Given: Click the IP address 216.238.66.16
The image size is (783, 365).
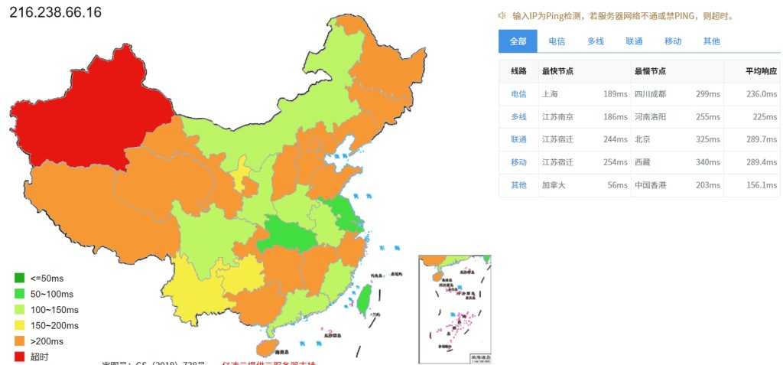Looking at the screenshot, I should pos(55,12).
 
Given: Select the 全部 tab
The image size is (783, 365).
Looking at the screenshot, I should pos(518,41).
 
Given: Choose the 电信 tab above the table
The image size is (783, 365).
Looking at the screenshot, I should pos(557,41).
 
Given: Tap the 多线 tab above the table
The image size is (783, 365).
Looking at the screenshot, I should pos(596,41).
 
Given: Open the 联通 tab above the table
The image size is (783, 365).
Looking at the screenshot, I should pos(634,41).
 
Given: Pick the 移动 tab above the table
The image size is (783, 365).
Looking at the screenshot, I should pos(673,41).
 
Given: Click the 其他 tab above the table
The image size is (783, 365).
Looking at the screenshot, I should pos(711,41).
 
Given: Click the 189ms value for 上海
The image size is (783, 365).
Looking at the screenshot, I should pos(615,94).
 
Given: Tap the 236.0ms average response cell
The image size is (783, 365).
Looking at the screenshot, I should pos(762,94).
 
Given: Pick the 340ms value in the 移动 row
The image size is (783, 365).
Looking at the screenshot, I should pos(707,162).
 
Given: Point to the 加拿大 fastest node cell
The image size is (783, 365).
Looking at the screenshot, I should pos(554,185).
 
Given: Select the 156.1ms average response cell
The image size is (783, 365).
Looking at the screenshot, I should pos(762,185).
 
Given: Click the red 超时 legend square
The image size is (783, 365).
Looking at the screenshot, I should pos(19,357).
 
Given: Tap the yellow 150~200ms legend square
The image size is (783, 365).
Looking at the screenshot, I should pos(19,325).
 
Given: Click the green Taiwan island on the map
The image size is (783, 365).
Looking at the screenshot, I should pos(365,298).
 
